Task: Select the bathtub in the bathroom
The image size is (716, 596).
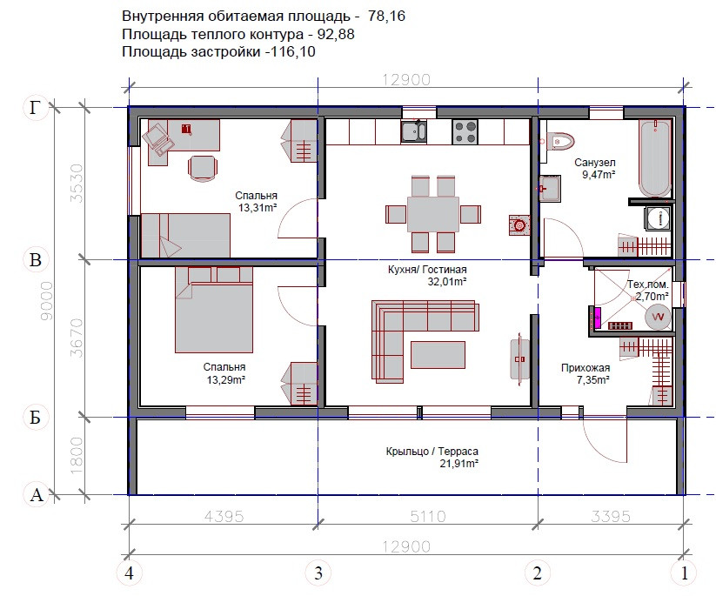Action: pos(655,158)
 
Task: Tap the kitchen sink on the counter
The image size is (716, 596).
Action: pos(414,131)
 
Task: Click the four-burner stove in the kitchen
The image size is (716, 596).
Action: pos(465,131)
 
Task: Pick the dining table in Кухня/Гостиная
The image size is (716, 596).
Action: pos(433,214)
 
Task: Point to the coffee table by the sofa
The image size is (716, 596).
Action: pos(438,355)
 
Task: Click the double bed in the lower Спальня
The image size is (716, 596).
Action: pos(214,310)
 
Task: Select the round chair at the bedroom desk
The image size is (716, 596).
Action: pos(204,170)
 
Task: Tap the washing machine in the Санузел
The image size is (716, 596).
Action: pos(658,218)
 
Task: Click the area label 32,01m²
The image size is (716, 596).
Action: pos(447,282)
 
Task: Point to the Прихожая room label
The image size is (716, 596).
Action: pos(586,368)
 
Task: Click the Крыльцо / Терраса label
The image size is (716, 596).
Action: pos(432,452)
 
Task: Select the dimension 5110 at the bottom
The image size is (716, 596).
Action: pos(427,517)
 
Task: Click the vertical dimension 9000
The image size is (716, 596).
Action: pos(47,300)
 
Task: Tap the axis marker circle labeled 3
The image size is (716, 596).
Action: pos(318,573)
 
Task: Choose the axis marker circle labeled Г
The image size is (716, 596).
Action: pos(36,108)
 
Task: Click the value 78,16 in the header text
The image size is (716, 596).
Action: pos(386,16)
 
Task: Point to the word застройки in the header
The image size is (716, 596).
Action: pos(226,51)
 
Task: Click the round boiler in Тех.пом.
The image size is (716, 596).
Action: pos(658,317)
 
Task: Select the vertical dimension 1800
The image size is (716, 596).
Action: pos(77,455)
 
